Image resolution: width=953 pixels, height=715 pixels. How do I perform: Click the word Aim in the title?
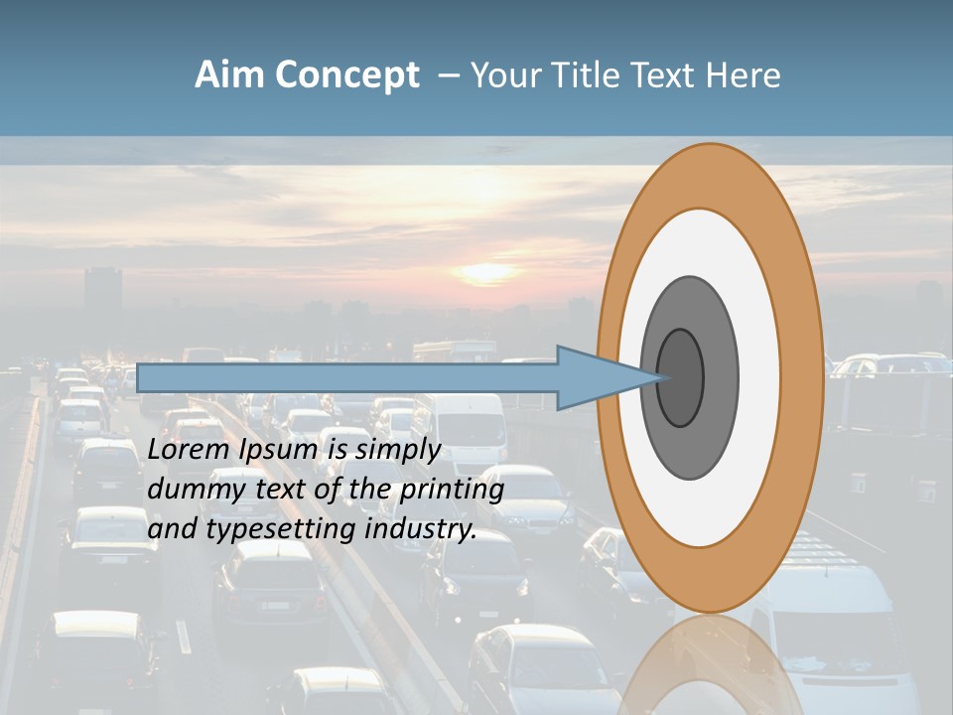pyautogui.click(x=229, y=75)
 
